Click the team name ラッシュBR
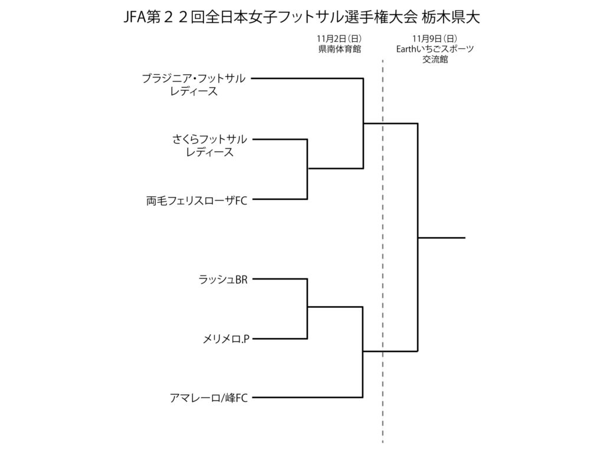(223, 279)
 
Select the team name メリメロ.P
(226, 339)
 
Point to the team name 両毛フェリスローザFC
(196, 201)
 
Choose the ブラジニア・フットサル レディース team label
(194, 84)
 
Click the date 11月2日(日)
(335, 39)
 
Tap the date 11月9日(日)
(435, 39)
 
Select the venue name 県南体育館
(335, 50)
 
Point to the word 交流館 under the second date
(435, 60)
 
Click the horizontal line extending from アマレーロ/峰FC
(307, 398)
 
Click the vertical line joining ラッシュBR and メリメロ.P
(307, 319)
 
